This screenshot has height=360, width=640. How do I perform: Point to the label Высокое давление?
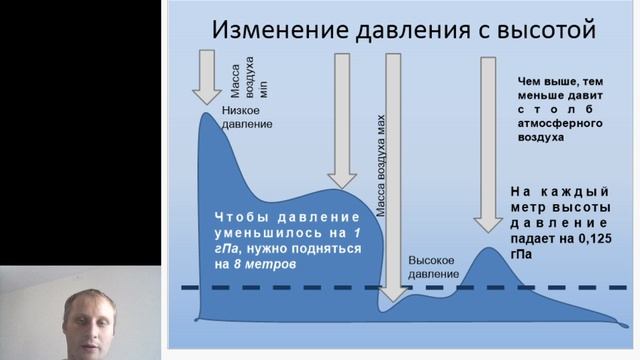(434, 267)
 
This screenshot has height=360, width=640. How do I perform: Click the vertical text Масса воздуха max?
(381, 166)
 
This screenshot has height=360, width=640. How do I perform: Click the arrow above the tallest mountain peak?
(209, 75)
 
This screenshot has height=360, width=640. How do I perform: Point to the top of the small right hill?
(489, 248)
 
